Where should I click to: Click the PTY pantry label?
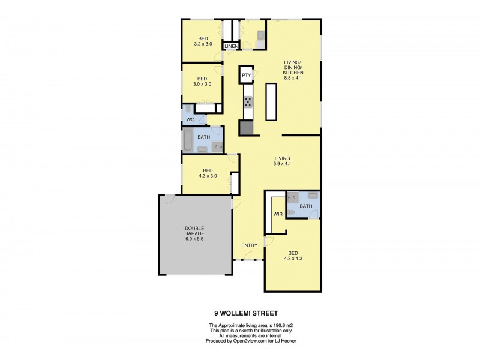(246, 75)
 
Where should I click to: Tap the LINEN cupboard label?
(232, 46)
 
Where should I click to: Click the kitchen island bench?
(272, 102)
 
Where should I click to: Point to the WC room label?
(190, 120)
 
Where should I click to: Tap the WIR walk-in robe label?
(277, 214)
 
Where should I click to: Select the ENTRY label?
(249, 245)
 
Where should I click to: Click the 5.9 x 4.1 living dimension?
(282, 164)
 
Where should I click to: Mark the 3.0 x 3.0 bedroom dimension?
(202, 84)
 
